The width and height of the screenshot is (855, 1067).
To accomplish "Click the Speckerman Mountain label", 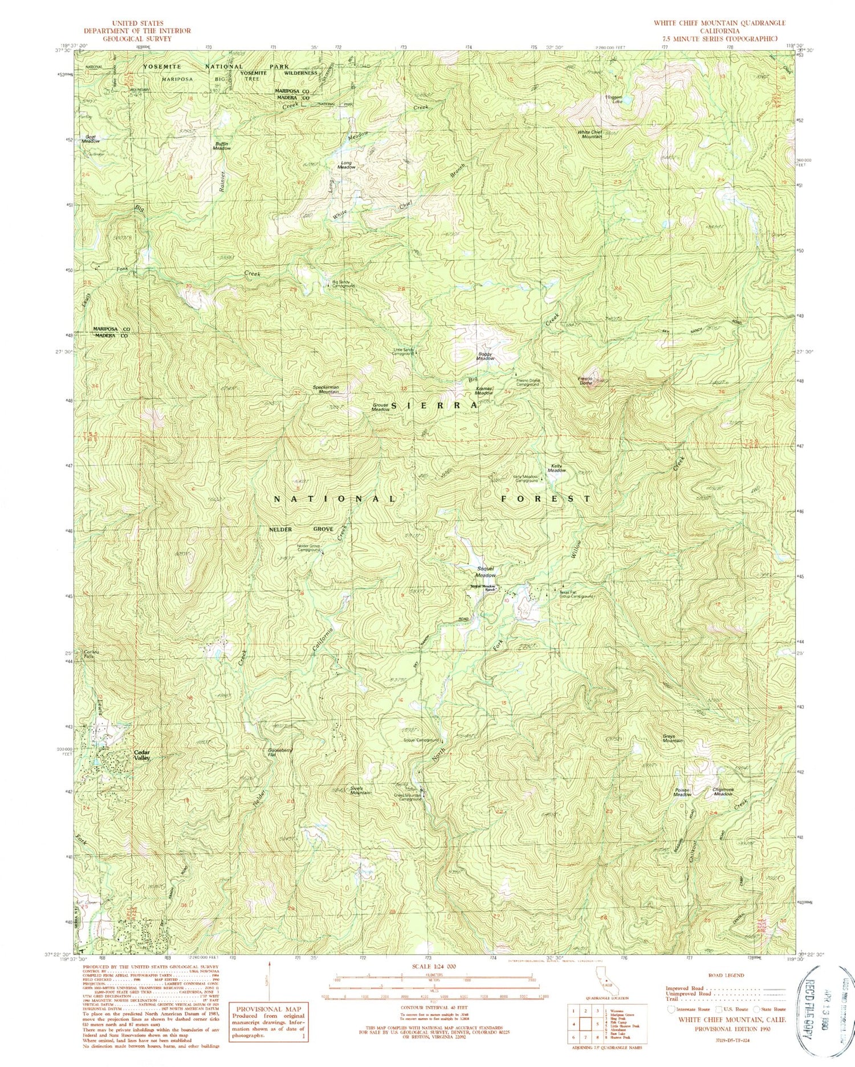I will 325,390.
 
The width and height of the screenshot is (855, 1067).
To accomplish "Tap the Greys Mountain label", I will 673,738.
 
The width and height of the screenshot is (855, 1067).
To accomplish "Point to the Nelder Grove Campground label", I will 308,548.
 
